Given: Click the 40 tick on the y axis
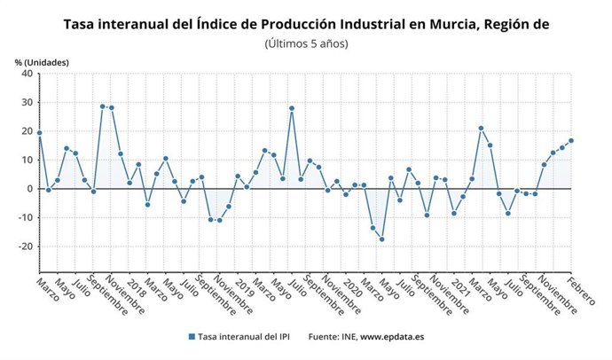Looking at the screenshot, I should (x=27, y=74).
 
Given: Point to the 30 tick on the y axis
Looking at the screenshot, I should (x=27, y=102).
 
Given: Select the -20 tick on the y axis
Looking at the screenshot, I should (x=25, y=247).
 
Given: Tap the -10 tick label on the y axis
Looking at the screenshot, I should (x=25, y=217).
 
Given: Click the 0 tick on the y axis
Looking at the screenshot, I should (x=29, y=189).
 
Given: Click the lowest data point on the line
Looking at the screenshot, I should (x=382, y=239).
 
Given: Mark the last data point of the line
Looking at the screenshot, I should (x=571, y=140).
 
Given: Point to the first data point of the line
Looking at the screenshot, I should (x=40, y=133).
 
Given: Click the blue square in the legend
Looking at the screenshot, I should (x=192, y=337).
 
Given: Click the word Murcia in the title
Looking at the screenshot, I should (x=450, y=24).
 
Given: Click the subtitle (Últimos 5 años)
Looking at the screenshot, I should (x=306, y=43).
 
